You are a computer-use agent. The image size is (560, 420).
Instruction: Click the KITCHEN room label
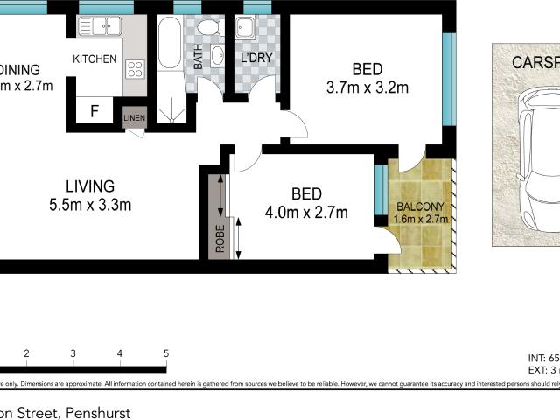click(94, 59)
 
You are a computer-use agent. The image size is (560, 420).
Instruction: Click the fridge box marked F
click(94, 111)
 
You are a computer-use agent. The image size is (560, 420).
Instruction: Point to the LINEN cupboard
click(134, 118)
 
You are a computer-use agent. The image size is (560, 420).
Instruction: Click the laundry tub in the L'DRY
click(249, 31)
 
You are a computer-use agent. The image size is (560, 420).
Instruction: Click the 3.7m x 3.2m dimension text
click(367, 87)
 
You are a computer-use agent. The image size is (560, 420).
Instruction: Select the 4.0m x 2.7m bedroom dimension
click(306, 213)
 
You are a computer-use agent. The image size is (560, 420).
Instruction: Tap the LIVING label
click(90, 186)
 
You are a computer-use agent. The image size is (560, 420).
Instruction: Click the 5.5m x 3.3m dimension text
click(90, 206)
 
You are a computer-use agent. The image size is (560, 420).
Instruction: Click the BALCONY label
click(420, 207)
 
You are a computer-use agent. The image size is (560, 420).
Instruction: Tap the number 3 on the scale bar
click(73, 353)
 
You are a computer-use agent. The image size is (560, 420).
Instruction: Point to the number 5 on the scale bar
click(165, 353)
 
